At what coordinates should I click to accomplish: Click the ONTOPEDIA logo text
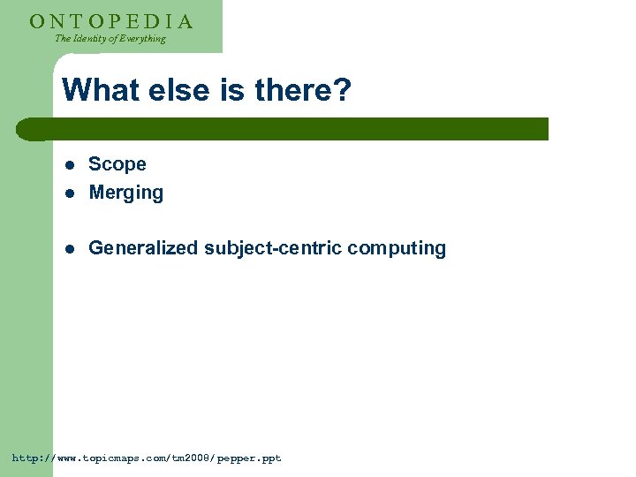[110, 21]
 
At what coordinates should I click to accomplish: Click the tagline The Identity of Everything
[110, 39]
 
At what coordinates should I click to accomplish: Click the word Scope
[117, 164]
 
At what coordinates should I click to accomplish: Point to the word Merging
[126, 193]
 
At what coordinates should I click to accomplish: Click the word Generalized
[144, 248]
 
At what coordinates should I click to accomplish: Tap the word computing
[397, 248]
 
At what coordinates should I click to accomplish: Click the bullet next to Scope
[71, 165]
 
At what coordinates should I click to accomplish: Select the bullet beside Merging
[71, 193]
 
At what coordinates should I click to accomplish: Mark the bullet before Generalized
[71, 249]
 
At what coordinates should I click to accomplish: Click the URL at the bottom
[147, 458]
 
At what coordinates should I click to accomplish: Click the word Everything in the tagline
[141, 39]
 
